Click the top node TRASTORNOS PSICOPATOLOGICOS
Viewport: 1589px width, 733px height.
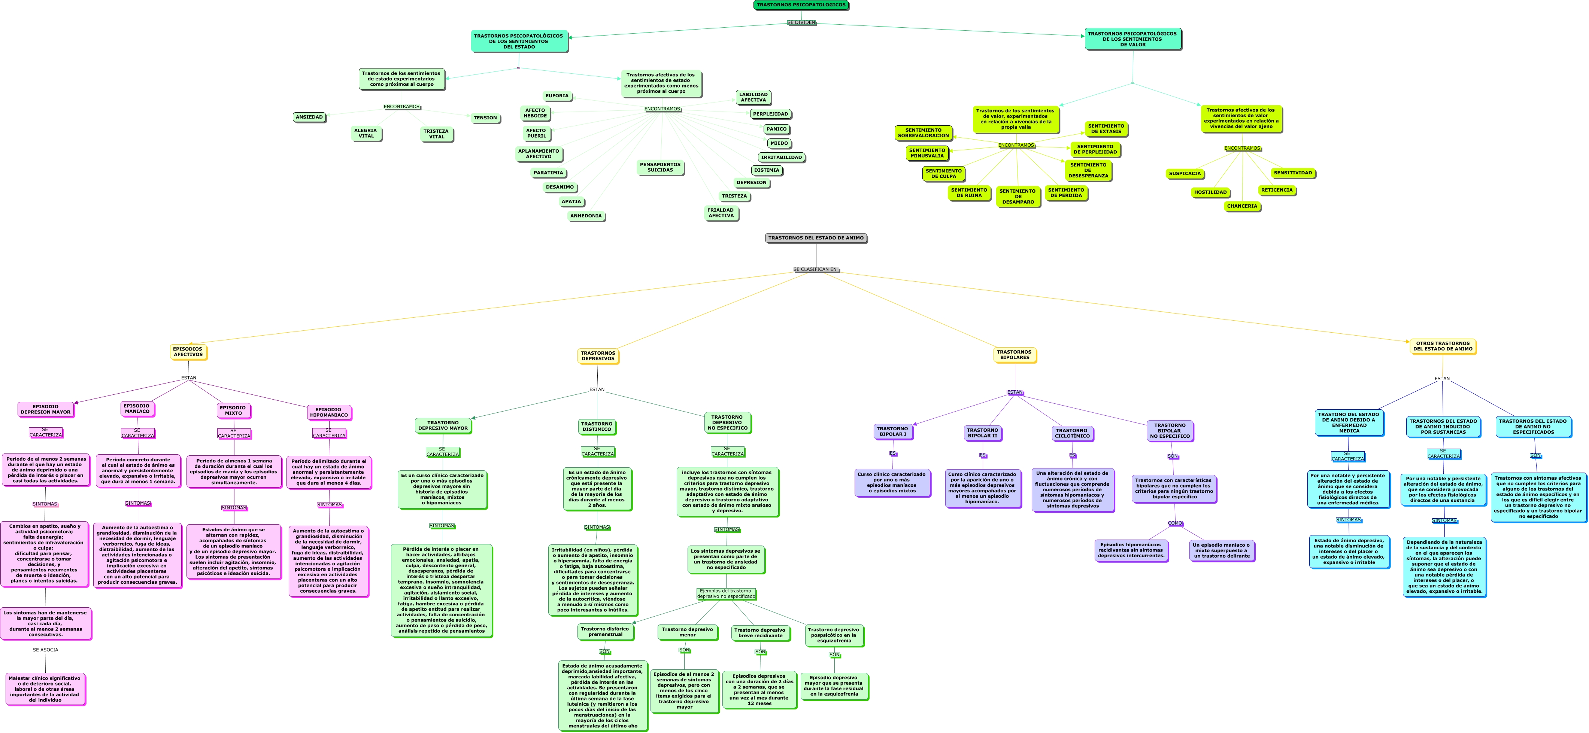(801, 5)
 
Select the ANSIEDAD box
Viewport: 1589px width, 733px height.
(309, 117)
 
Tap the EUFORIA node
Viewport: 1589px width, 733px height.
(557, 95)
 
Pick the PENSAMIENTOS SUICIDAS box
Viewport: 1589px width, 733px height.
(660, 168)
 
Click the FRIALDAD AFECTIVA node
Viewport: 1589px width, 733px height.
(721, 213)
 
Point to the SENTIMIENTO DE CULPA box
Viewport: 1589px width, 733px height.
(943, 174)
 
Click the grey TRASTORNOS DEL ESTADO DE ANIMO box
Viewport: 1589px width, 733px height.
(816, 238)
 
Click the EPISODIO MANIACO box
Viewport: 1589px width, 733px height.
(137, 409)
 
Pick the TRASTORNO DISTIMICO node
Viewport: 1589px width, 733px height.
(597, 427)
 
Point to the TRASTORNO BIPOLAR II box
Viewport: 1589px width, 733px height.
(982, 433)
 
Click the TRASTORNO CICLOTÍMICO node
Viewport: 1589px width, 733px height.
(1072, 433)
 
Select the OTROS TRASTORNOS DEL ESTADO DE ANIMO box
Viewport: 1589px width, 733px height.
(1442, 346)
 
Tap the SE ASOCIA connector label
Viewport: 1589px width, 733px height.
(46, 650)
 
